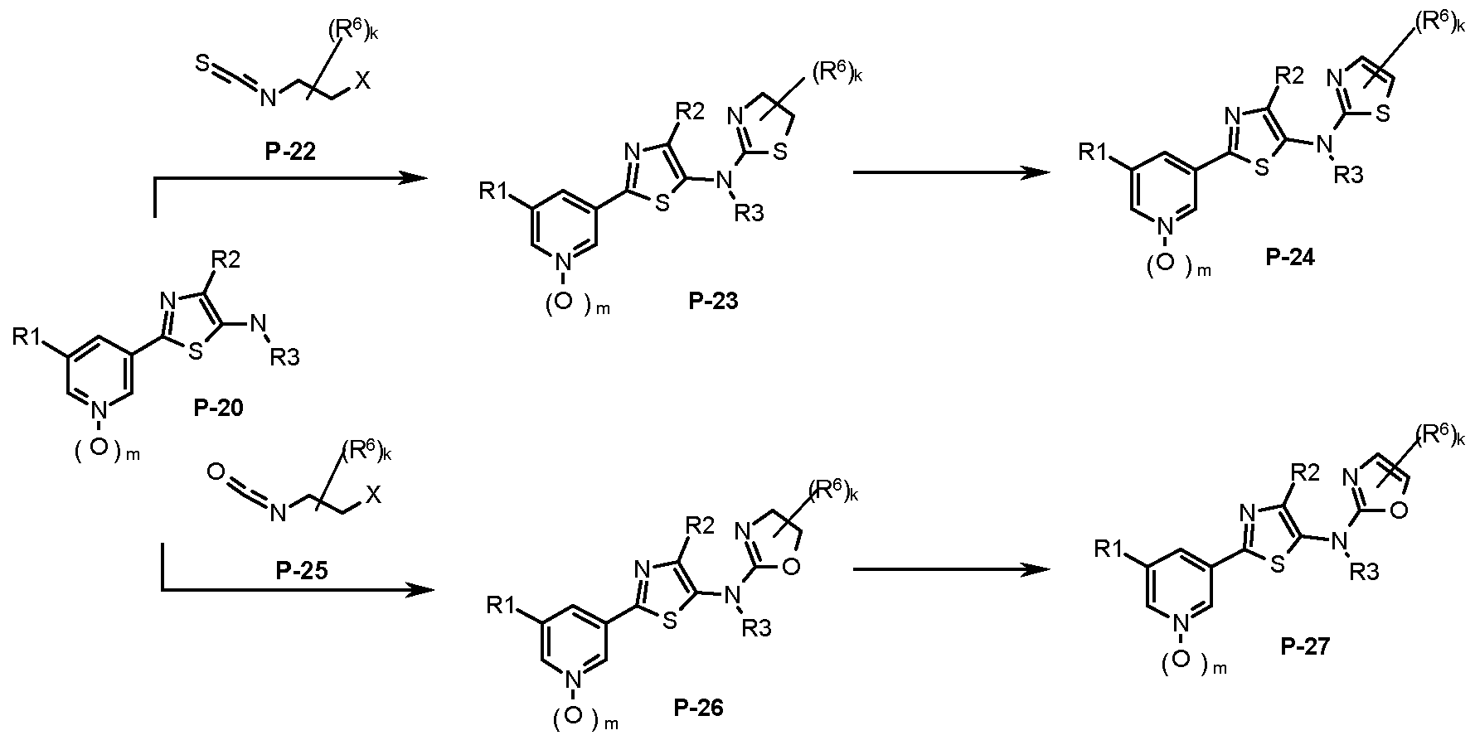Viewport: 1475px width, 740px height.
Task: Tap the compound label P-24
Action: pos(1291,257)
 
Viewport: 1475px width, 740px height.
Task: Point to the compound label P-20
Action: pos(218,408)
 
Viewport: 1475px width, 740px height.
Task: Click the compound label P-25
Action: pos(299,571)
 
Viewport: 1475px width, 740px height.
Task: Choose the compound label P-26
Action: pos(699,707)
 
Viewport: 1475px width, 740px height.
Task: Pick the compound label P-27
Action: pos(1306,646)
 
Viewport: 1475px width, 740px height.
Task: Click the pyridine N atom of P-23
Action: pos(564,263)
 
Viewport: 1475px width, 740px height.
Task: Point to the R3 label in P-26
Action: pos(755,629)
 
